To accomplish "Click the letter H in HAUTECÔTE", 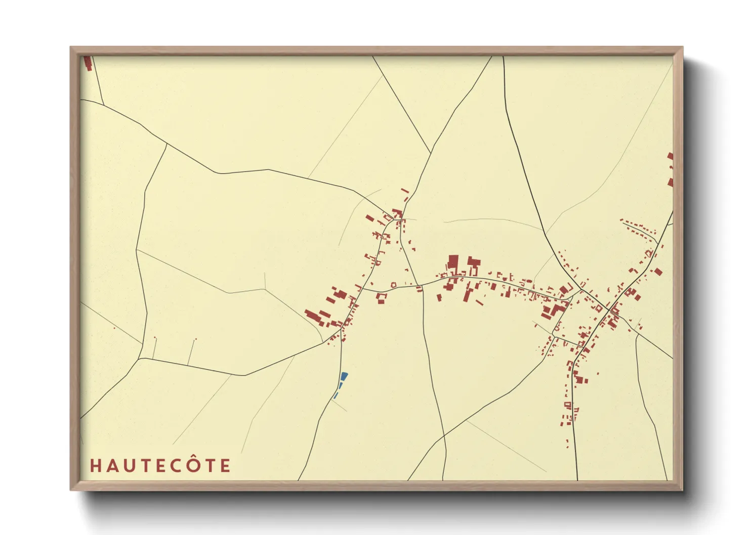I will (x=95, y=466).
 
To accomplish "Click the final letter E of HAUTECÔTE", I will (x=226, y=466).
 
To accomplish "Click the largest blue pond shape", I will (x=344, y=377).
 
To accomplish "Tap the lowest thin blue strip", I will (x=335, y=396).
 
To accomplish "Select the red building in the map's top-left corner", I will (x=88, y=63).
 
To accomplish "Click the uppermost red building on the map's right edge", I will (x=671, y=157).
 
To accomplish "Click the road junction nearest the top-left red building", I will (x=104, y=105).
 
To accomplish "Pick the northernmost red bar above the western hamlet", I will (x=404, y=191).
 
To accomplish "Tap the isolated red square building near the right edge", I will (x=658, y=272).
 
